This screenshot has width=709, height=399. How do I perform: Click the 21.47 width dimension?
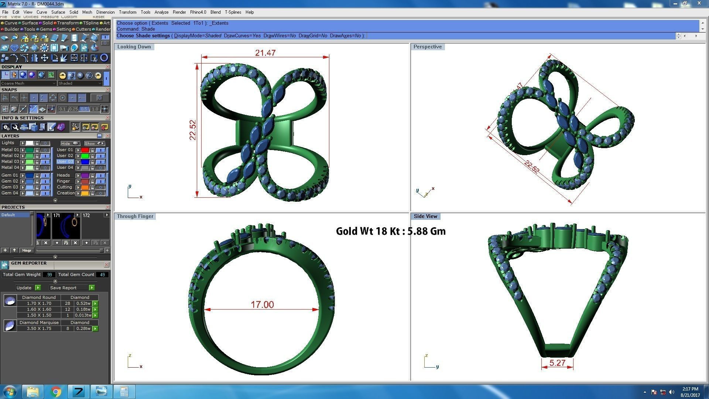pyautogui.click(x=265, y=53)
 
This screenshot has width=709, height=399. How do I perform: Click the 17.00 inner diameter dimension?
pyautogui.click(x=262, y=305)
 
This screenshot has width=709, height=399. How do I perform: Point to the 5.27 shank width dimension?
pyautogui.click(x=557, y=363)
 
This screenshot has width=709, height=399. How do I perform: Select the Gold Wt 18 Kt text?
pyautogui.click(x=391, y=231)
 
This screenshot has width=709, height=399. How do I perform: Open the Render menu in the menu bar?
pyautogui.click(x=179, y=12)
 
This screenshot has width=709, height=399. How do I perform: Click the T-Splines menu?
pyautogui.click(x=233, y=12)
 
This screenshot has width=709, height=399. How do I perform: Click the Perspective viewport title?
pyautogui.click(x=427, y=47)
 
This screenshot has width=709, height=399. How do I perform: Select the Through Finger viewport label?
pyautogui.click(x=135, y=216)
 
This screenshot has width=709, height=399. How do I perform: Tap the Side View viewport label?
pyautogui.click(x=425, y=216)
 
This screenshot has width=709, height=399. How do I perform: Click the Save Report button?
pyautogui.click(x=63, y=288)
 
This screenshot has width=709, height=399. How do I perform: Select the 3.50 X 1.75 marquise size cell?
pyautogui.click(x=39, y=328)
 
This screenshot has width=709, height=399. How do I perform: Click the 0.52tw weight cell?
pyautogui.click(x=83, y=303)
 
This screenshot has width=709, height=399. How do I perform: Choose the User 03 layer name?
pyautogui.click(x=65, y=161)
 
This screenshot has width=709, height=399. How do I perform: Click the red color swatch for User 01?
pyautogui.click(x=85, y=150)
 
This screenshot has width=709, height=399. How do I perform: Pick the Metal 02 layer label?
pyautogui.click(x=10, y=156)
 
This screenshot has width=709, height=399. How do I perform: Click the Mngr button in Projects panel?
pyautogui.click(x=27, y=250)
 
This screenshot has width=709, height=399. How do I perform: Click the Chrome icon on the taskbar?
pyautogui.click(x=56, y=392)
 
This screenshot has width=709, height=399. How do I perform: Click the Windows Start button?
pyautogui.click(x=10, y=392)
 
